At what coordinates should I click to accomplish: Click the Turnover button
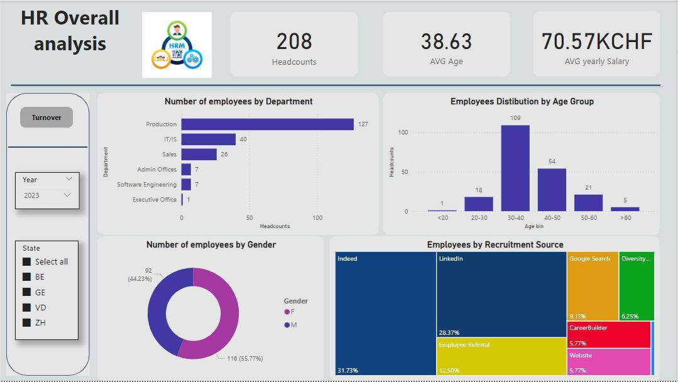(46, 117)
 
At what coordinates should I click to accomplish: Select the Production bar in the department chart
(267, 124)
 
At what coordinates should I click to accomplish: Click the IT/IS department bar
(208, 139)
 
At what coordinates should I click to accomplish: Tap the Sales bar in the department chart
(199, 155)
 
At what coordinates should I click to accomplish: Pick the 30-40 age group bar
(515, 168)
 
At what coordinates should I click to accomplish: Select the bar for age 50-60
(588, 203)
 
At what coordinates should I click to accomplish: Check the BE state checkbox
(26, 277)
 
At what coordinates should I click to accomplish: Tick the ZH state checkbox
(26, 323)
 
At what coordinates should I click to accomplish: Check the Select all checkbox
(26, 262)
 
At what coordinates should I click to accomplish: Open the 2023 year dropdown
(47, 195)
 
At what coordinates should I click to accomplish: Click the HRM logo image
(177, 45)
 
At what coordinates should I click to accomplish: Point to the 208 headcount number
(294, 41)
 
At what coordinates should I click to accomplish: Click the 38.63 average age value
(446, 41)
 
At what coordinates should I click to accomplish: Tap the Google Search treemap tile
(592, 286)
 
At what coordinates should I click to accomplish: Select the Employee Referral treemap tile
(501, 356)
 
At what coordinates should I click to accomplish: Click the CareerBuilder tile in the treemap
(608, 334)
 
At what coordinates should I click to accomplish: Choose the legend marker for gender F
(287, 312)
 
